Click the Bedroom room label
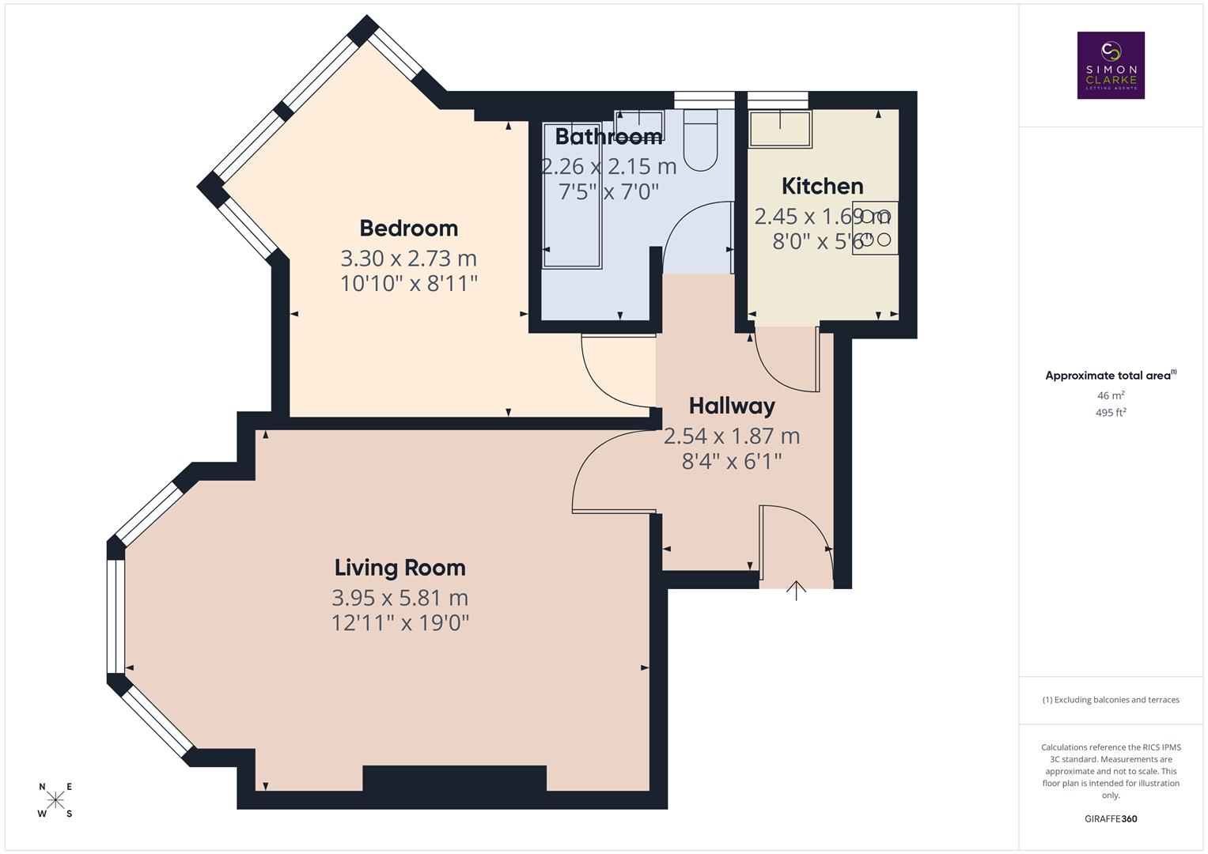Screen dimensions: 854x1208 coord(408,229)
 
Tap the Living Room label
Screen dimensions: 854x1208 coord(400,568)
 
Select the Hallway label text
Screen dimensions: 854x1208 coord(732,406)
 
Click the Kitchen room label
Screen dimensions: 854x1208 coord(822,187)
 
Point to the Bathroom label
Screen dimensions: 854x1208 coord(608,137)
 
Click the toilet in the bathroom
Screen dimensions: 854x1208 coord(700,142)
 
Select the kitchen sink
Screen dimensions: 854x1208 coord(780,129)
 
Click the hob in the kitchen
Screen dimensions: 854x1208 coord(875,228)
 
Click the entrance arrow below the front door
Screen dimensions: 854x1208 coord(796,591)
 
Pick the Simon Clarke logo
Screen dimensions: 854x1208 coord(1111,66)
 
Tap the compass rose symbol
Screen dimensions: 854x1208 coord(55,800)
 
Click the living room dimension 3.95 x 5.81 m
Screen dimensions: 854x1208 coord(400,598)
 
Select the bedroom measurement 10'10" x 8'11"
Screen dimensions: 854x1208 coord(408,283)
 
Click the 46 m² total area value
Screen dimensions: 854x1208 coord(1111,395)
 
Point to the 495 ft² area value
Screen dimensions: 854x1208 coord(1111,413)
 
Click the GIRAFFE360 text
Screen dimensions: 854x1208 coord(1111,819)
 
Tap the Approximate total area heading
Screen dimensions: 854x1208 coord(1109,376)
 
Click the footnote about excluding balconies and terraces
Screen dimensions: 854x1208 coord(1111,700)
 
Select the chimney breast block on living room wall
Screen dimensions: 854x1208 coord(454,778)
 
